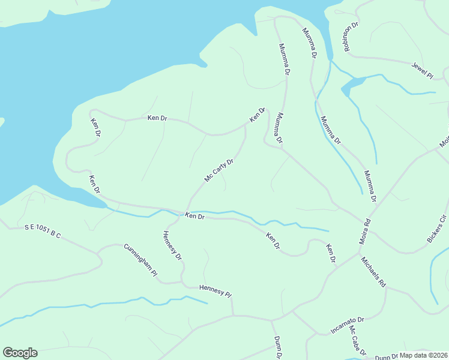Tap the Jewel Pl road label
coord(422,70)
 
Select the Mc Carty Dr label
coord(218,170)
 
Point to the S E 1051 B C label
coord(43,231)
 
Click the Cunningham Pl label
coord(140,260)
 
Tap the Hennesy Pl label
coord(215,292)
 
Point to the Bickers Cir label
coord(437,228)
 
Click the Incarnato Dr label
coord(348,325)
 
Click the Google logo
coord(20,353)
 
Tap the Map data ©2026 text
coord(424,355)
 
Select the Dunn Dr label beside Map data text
coord(387,356)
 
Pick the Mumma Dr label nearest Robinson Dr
coord(309,42)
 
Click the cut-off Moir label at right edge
coord(445,140)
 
